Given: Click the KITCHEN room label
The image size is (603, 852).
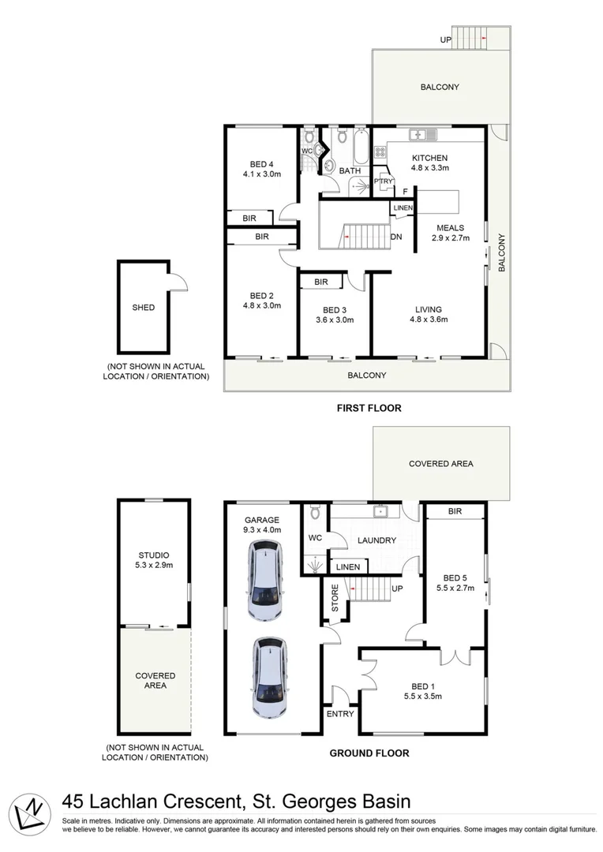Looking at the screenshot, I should coord(430,158).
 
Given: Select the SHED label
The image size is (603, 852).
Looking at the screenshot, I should coord(144,308).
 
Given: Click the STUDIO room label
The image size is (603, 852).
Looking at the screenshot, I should coord(153,555).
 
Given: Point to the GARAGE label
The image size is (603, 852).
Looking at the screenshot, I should coord(261,520).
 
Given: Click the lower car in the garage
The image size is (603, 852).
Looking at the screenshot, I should coord(268,673).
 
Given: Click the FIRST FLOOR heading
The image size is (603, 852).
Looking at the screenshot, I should coord(369,408).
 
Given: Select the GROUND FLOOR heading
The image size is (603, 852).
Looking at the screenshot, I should coord(369,753).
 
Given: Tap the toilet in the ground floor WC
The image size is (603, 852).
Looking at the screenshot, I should coord(316,514).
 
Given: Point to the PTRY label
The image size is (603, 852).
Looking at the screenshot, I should coord(384,181).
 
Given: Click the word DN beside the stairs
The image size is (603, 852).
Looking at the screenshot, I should coord(396,237).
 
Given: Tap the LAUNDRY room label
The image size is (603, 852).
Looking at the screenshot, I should coord(376,540).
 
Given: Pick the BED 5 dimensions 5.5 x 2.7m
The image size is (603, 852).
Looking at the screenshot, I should coord(455,587).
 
